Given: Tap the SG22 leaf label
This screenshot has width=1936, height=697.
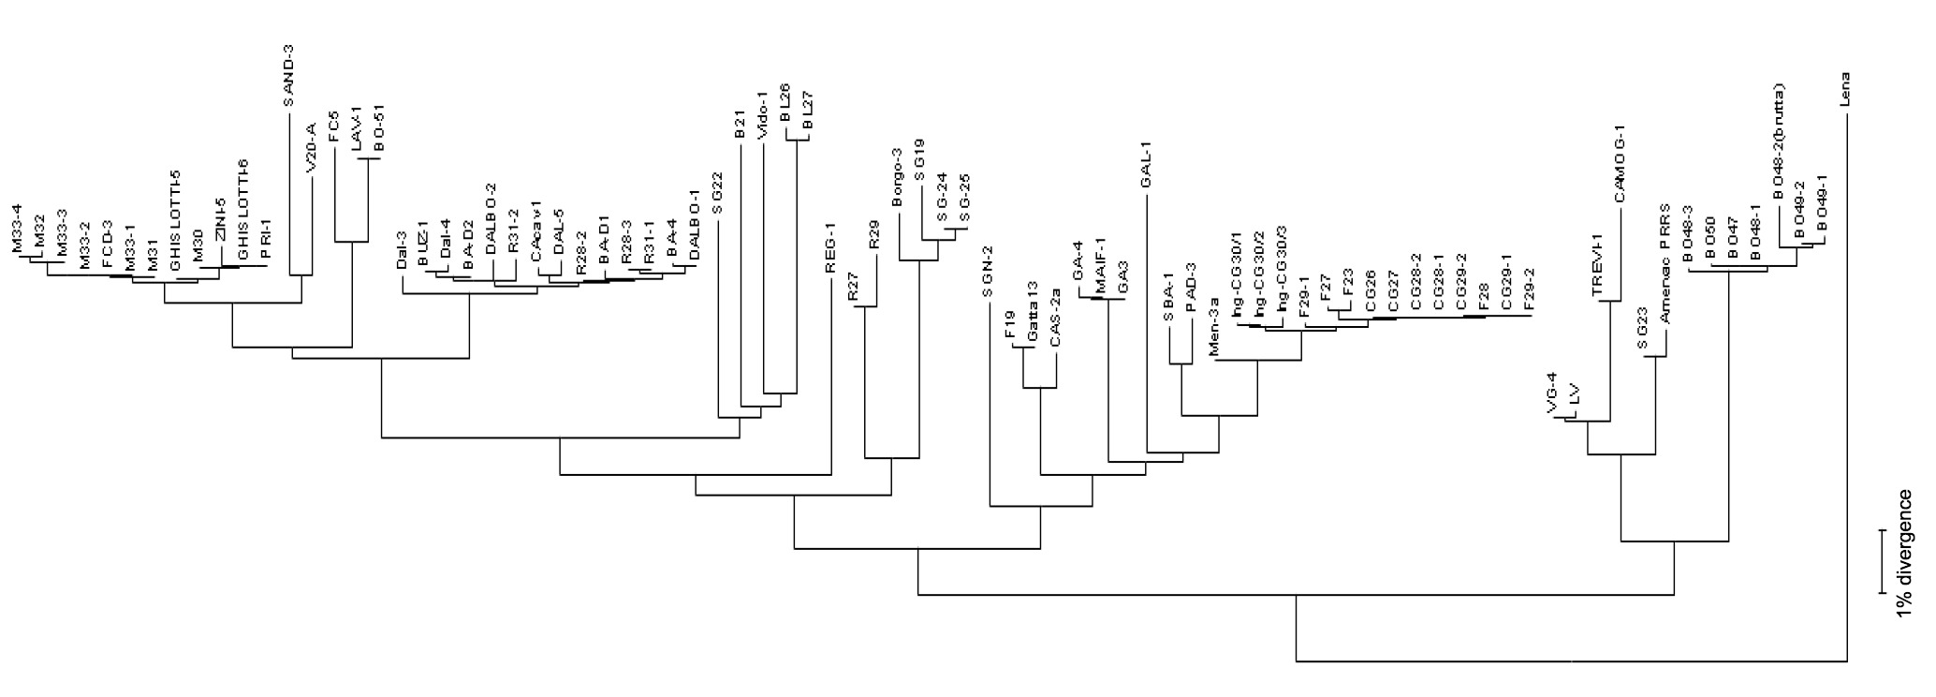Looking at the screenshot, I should click(x=716, y=194).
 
